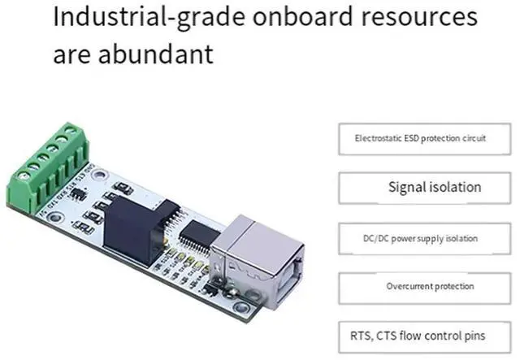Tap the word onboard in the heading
(x=298, y=19)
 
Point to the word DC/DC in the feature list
(x=375, y=239)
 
